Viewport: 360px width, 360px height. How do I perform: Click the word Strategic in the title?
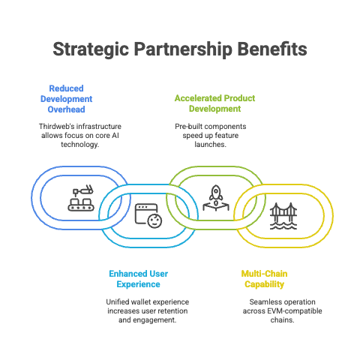coord(91,49)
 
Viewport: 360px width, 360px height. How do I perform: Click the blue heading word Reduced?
coord(66,88)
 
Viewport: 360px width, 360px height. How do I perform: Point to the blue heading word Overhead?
coord(66,109)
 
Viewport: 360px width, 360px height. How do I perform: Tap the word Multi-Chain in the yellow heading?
coord(264,274)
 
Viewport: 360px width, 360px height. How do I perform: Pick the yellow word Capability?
coord(264,284)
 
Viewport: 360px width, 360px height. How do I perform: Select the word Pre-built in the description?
coord(185,127)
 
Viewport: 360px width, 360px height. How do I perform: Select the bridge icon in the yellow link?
coord(283,216)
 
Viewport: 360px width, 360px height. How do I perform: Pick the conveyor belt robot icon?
coord(81,198)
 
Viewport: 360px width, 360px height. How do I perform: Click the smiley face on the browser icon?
coord(154,220)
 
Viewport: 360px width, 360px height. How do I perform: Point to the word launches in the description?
coord(211,145)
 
